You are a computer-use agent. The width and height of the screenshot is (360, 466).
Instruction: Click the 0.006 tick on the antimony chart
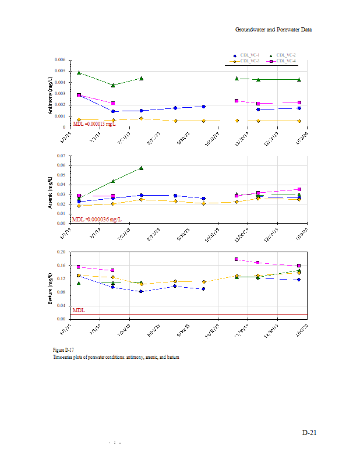(59, 61)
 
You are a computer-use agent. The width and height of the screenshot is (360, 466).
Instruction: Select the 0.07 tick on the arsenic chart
(62, 157)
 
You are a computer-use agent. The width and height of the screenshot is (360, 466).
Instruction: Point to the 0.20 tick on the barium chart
(62, 252)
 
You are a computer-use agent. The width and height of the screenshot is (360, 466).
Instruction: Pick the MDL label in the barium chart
(78, 310)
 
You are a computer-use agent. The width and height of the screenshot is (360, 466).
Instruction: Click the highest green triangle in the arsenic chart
(141, 168)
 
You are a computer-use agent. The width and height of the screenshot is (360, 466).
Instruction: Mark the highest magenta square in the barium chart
(237, 259)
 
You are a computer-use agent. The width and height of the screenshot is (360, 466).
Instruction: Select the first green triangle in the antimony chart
(79, 73)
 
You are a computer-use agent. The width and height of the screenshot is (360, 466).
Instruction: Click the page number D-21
(309, 433)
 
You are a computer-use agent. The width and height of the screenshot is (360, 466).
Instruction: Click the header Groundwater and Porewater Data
(273, 29)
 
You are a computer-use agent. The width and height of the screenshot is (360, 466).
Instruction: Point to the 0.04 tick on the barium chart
(62, 306)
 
